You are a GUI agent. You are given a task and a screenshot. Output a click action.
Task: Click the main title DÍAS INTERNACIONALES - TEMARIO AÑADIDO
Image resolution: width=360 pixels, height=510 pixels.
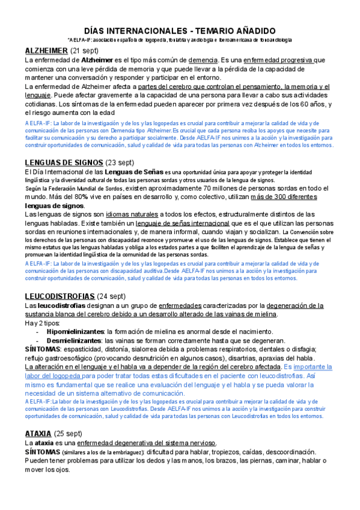click(180, 30)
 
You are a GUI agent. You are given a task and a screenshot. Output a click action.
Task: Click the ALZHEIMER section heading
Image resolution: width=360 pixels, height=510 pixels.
click(46, 51)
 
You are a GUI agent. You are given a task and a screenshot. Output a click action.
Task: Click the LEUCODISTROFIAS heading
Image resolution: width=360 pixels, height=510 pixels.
click(59, 296)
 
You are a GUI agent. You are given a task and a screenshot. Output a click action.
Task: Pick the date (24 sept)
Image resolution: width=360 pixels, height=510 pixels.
click(112, 296)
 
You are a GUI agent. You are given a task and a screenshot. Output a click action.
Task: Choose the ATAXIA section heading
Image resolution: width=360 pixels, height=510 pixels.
click(38, 434)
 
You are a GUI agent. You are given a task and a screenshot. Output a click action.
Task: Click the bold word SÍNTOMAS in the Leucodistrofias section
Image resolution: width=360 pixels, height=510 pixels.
click(42, 349)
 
